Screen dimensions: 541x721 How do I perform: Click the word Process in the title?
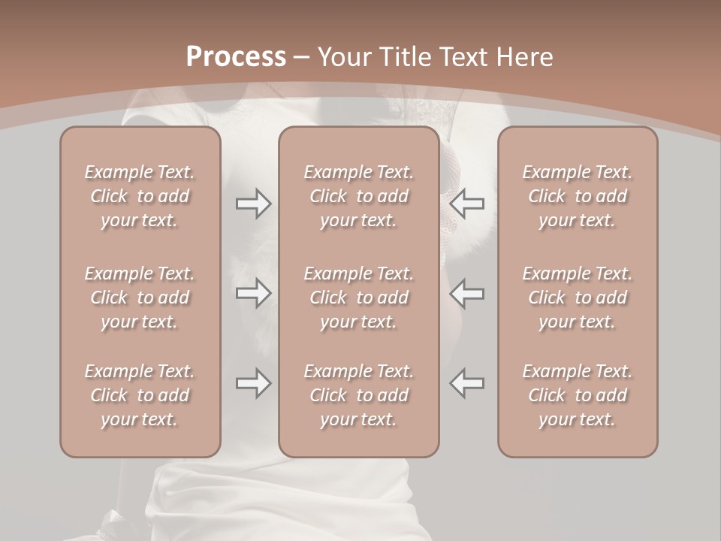pyautogui.click(x=236, y=56)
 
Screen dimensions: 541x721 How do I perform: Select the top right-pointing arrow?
pyautogui.click(x=253, y=204)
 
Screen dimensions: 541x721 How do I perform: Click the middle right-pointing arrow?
pyautogui.click(x=253, y=293)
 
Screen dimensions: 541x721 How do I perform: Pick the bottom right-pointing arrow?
pyautogui.click(x=253, y=383)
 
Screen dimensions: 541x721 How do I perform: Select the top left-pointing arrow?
pyautogui.click(x=466, y=204)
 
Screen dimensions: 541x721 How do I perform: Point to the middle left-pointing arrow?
pyautogui.click(x=466, y=293)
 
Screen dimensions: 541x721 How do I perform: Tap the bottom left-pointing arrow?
pyautogui.click(x=466, y=383)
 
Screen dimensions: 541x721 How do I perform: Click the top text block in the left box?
pyautogui.click(x=140, y=196)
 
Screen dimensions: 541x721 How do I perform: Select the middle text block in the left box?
pyautogui.click(x=140, y=298)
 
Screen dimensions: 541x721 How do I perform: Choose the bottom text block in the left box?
pyautogui.click(x=140, y=395)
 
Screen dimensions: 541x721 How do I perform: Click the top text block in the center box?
pyautogui.click(x=359, y=196)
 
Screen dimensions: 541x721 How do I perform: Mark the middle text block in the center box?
pyautogui.click(x=359, y=298)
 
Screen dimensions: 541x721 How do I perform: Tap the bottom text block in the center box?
pyautogui.click(x=359, y=395)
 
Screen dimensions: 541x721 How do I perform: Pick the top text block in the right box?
pyautogui.click(x=578, y=196)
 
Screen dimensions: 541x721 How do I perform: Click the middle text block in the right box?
pyautogui.click(x=578, y=298)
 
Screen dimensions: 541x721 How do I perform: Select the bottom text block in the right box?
pyautogui.click(x=578, y=395)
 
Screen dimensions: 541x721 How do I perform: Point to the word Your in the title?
pyautogui.click(x=344, y=57)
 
